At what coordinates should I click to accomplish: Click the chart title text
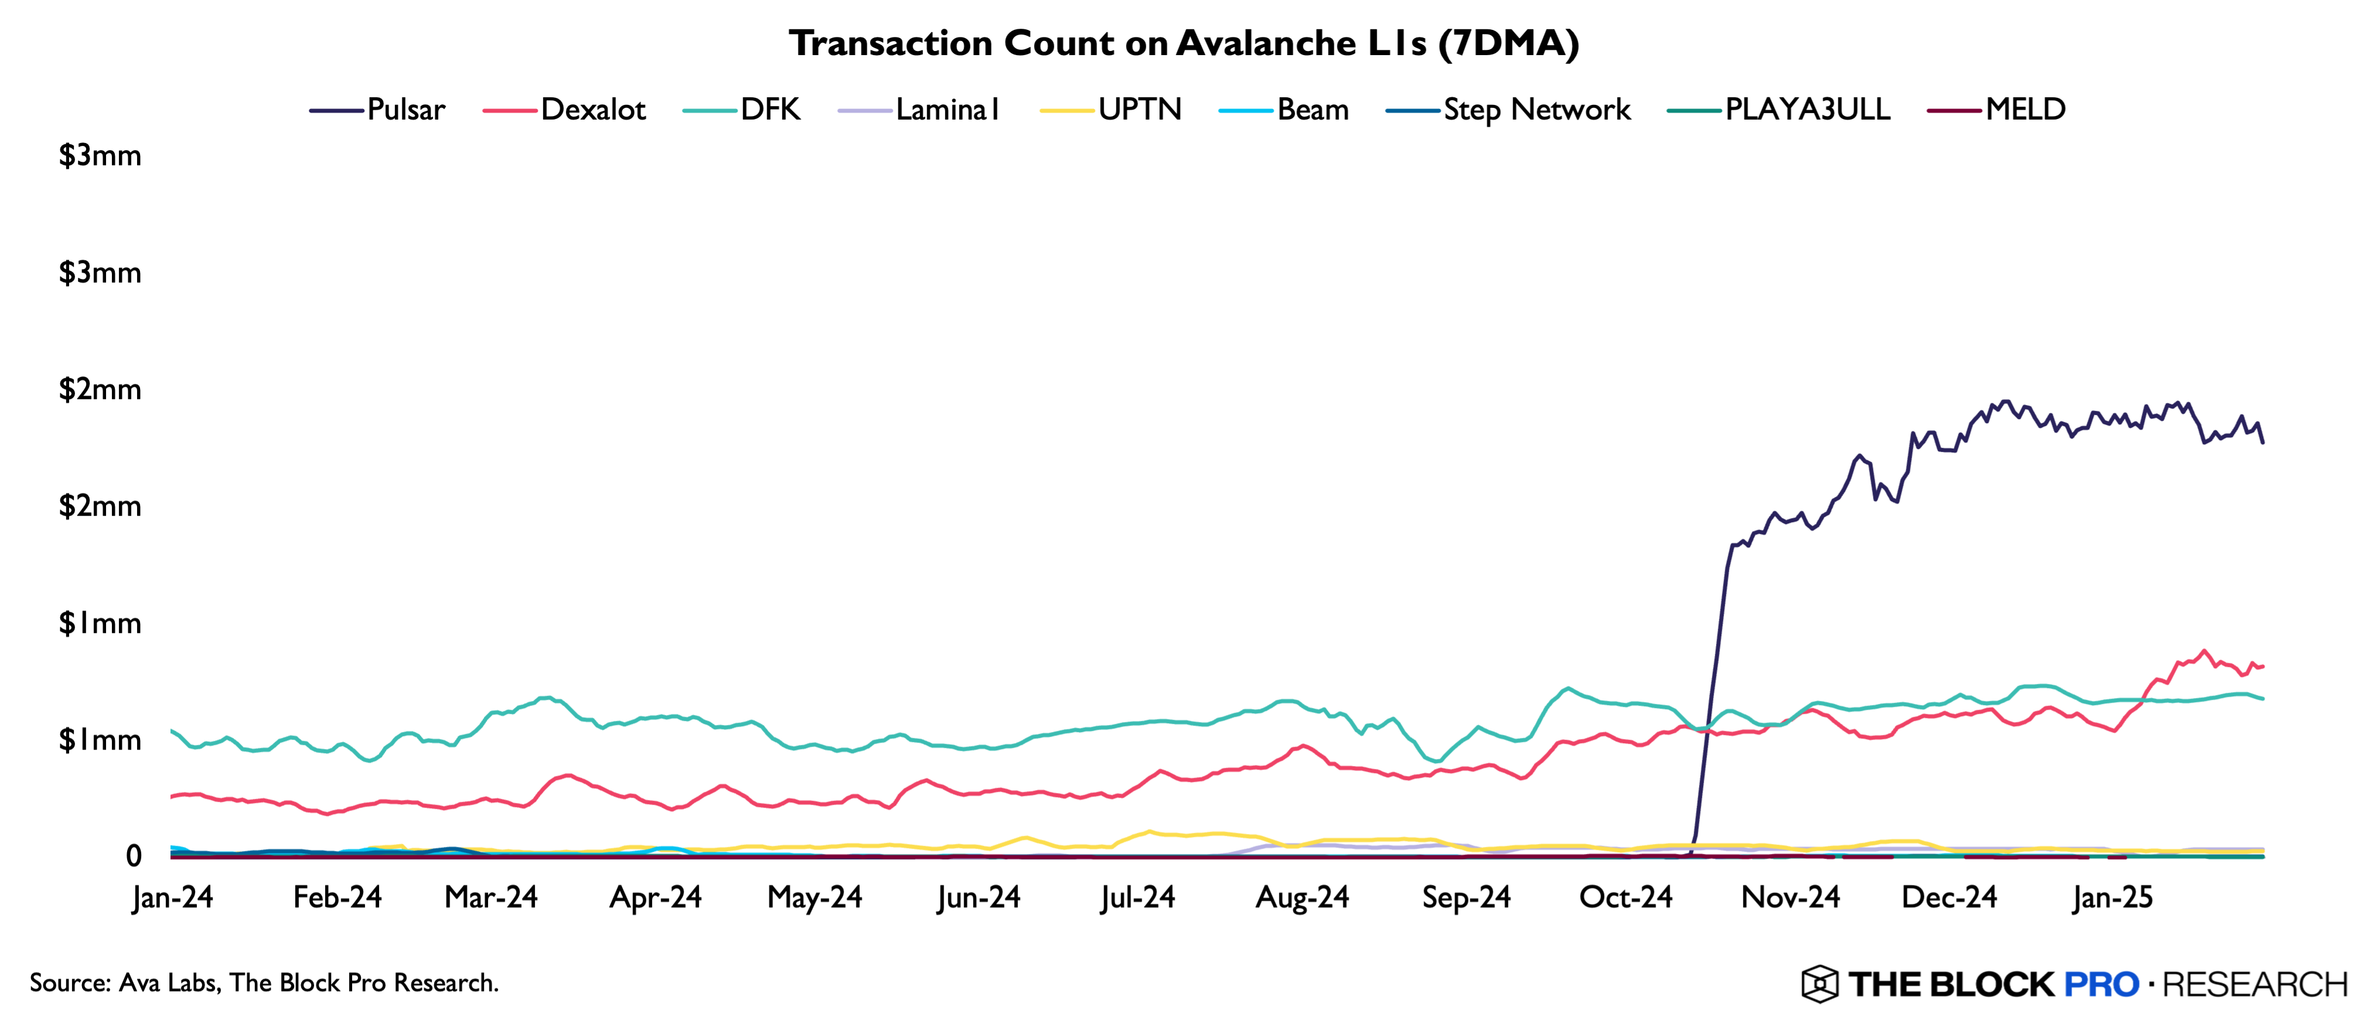[1183, 43]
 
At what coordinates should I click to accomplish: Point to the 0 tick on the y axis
[134, 856]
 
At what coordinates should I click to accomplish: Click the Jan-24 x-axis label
[172, 897]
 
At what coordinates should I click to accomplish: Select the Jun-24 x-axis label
[978, 897]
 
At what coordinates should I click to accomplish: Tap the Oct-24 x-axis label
[1625, 897]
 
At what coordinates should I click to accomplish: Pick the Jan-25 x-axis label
[2113, 897]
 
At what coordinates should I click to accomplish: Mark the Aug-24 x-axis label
[1302, 897]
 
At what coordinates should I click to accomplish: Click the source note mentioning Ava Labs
[264, 983]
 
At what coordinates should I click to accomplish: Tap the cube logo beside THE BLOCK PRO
[1820, 984]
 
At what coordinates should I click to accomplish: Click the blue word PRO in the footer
[2102, 984]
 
